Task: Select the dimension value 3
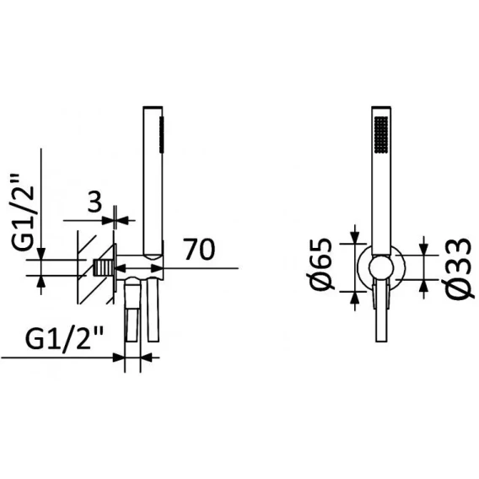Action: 94,202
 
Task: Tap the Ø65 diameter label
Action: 321,264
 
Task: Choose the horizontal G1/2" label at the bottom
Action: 64,338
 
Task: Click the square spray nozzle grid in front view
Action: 381,134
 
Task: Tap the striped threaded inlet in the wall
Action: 104,268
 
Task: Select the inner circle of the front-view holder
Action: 380,267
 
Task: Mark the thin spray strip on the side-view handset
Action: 161,133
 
